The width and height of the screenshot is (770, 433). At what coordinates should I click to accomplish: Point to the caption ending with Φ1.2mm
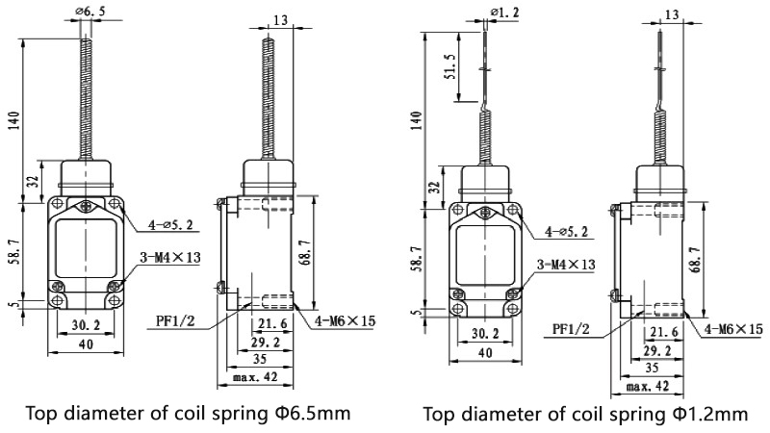click(584, 415)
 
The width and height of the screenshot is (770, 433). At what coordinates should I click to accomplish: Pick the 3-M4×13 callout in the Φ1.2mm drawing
click(566, 264)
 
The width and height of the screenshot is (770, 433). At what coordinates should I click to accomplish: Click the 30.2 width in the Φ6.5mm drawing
click(87, 326)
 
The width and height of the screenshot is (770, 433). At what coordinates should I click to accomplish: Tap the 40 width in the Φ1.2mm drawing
click(486, 352)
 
